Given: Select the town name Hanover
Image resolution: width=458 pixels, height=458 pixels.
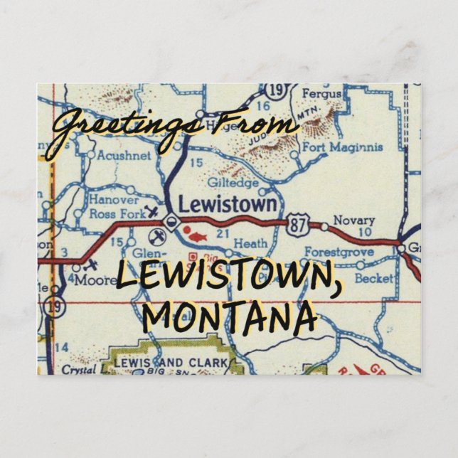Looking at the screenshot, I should (114, 200).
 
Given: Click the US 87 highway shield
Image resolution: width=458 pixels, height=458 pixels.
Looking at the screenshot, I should (298, 226).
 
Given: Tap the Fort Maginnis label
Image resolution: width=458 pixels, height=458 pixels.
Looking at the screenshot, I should (343, 147).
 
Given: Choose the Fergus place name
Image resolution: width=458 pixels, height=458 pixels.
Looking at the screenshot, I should (321, 93).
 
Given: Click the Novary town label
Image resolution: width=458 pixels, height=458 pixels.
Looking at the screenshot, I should (353, 220).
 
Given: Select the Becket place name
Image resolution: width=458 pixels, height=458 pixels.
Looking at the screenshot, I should (373, 278).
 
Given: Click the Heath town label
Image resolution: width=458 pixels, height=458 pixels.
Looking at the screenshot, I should (250, 243).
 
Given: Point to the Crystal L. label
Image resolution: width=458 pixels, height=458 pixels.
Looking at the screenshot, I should (80, 370).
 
